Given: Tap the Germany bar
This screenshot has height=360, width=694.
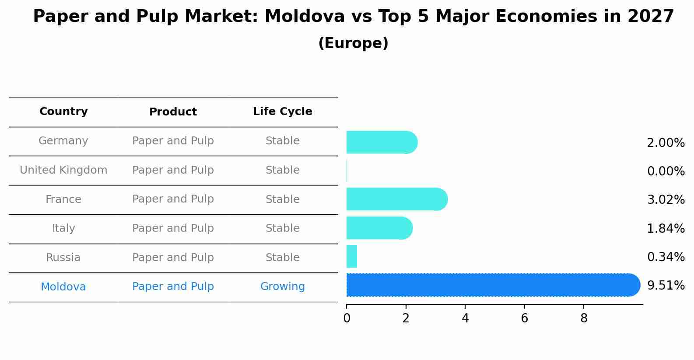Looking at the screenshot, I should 381,143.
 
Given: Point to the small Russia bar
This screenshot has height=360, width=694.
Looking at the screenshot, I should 352,257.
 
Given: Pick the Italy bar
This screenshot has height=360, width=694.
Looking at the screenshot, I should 379,228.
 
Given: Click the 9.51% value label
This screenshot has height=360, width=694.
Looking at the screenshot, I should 666,286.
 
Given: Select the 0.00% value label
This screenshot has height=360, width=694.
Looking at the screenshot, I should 666,171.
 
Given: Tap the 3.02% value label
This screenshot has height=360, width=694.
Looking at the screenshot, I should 666,200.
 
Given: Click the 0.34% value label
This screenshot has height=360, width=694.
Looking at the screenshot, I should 666,257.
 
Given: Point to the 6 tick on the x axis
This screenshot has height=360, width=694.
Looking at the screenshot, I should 524,318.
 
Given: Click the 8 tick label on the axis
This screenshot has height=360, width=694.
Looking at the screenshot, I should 584,318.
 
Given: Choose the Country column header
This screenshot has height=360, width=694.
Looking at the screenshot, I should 63,112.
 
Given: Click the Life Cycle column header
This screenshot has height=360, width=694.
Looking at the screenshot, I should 282,112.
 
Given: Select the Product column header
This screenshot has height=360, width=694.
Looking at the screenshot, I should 173,112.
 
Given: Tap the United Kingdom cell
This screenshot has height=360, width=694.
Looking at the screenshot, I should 63,170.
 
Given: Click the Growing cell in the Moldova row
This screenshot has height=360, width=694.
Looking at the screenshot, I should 282,287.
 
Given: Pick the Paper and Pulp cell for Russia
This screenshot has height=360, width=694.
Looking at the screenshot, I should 173,258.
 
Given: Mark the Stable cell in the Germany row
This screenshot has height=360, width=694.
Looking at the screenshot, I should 282,141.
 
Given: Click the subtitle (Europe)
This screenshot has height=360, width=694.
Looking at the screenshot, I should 353,43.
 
